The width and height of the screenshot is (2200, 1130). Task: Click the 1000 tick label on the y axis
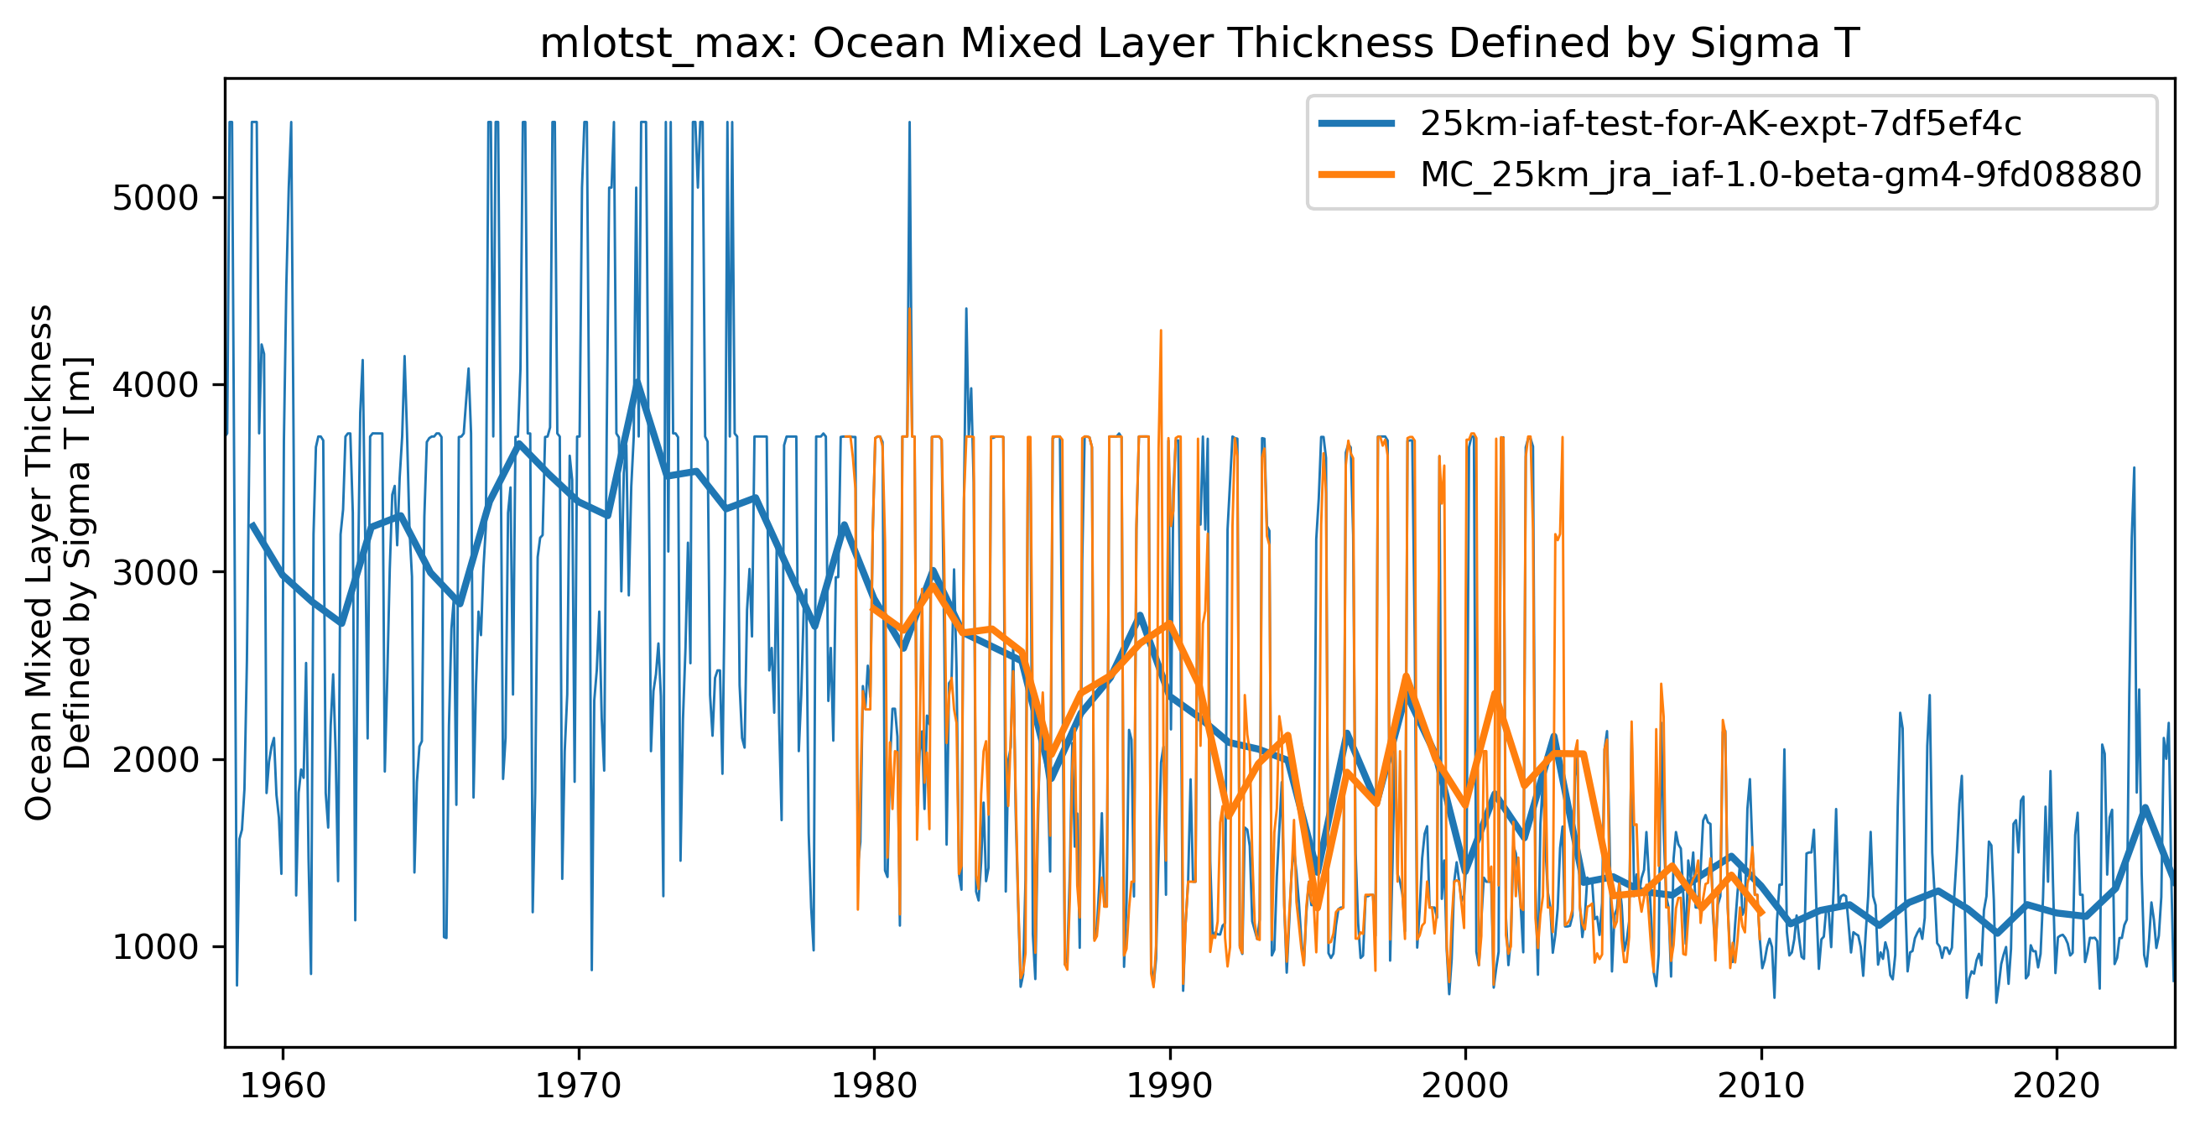click(155, 948)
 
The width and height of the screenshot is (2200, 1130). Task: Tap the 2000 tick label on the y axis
click(155, 760)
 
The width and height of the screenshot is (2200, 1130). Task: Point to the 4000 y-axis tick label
click(155, 385)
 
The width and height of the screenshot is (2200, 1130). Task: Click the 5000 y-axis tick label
click(155, 198)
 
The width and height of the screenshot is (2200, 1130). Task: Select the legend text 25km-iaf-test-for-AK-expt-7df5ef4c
click(1720, 125)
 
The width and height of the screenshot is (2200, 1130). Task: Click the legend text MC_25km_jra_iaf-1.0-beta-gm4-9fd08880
click(1781, 175)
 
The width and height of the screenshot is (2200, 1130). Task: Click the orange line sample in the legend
click(1357, 175)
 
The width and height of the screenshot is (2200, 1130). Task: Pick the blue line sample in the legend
click(1357, 125)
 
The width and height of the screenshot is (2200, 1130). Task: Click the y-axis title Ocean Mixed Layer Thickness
click(40, 564)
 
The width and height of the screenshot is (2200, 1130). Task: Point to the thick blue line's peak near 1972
click(637, 383)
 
